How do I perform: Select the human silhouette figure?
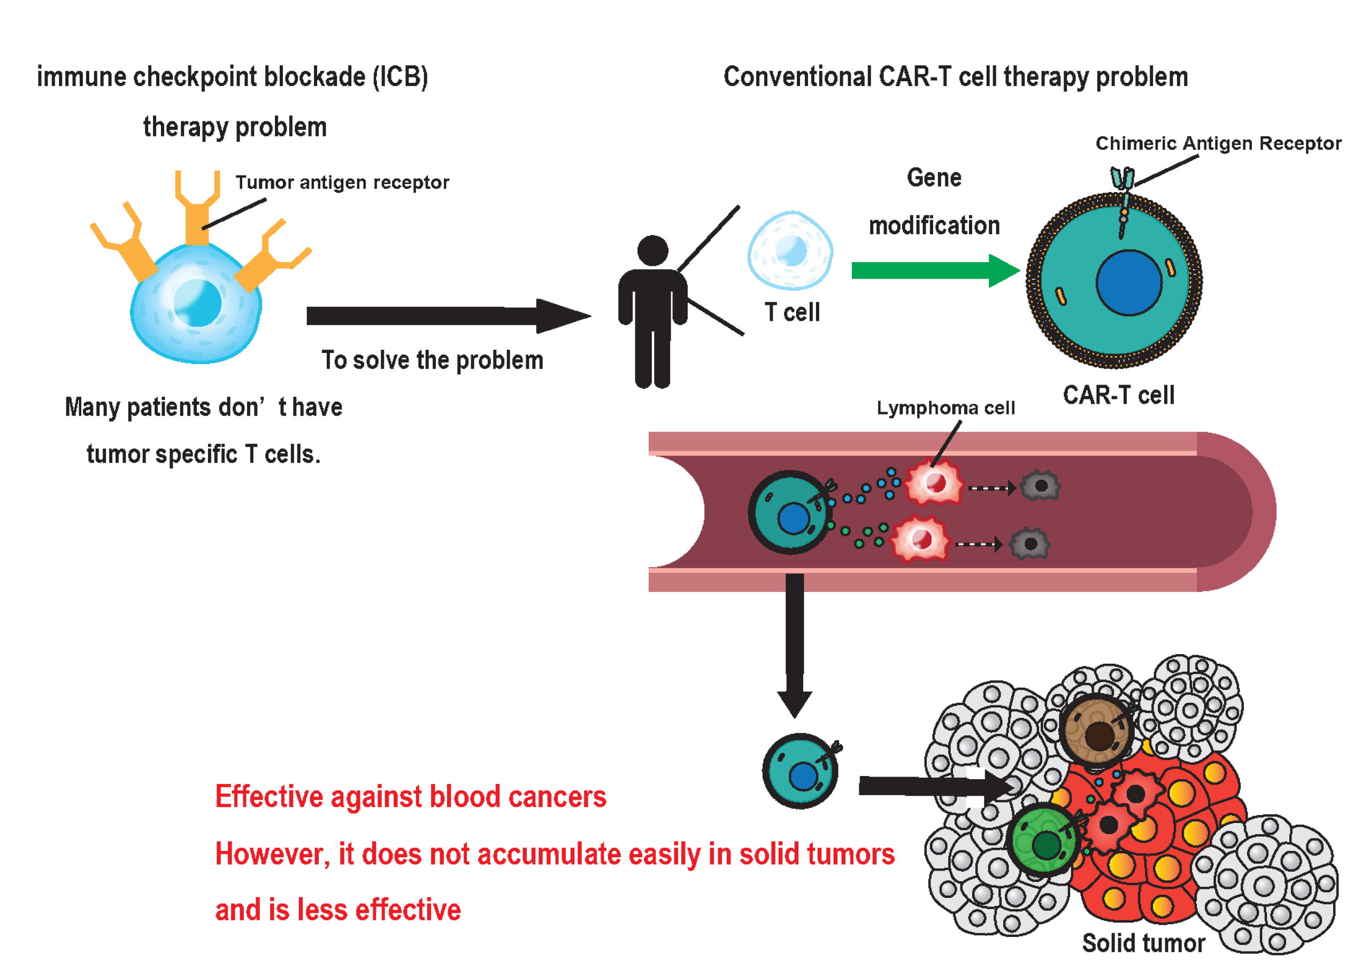click(652, 312)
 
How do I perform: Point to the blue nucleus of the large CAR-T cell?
click(1128, 282)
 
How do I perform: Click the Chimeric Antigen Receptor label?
click(1218, 143)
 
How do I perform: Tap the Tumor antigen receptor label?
click(341, 182)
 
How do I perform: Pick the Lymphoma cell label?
click(945, 408)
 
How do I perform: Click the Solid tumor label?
click(1142, 943)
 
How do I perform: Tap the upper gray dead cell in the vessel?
click(1040, 486)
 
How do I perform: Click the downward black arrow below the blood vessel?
click(795, 643)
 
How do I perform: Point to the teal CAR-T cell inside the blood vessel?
click(790, 512)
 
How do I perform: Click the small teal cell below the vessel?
click(799, 771)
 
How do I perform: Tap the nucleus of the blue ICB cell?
click(197, 302)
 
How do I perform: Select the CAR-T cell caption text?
click(1118, 395)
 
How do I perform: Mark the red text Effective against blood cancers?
click(411, 797)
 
